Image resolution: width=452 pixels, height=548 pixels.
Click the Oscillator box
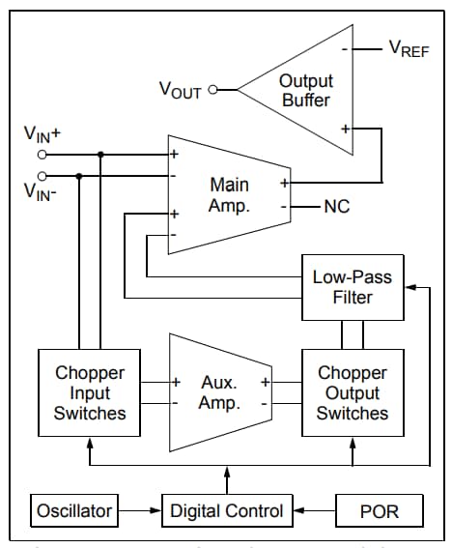click(x=74, y=510)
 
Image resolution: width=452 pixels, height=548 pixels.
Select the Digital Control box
click(x=227, y=510)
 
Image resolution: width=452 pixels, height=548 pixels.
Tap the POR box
click(x=378, y=510)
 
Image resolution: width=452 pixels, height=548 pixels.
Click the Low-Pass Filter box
click(x=353, y=287)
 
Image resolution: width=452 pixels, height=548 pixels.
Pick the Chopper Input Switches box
click(x=90, y=392)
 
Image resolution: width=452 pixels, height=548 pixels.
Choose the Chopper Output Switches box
click(x=353, y=392)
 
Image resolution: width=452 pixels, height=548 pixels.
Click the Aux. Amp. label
click(x=219, y=392)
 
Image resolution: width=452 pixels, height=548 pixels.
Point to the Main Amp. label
click(x=229, y=195)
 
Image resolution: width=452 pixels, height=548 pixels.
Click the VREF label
click(x=409, y=49)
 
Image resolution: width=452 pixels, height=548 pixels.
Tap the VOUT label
click(x=181, y=90)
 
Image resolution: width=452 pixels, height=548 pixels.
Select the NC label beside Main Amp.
click(x=337, y=206)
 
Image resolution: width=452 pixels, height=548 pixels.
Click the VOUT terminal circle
click(x=213, y=90)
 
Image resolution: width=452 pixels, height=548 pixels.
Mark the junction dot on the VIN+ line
click(x=100, y=154)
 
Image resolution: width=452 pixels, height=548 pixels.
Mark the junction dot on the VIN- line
click(x=78, y=176)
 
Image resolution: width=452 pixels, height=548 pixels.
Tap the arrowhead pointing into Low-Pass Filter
click(x=410, y=287)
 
